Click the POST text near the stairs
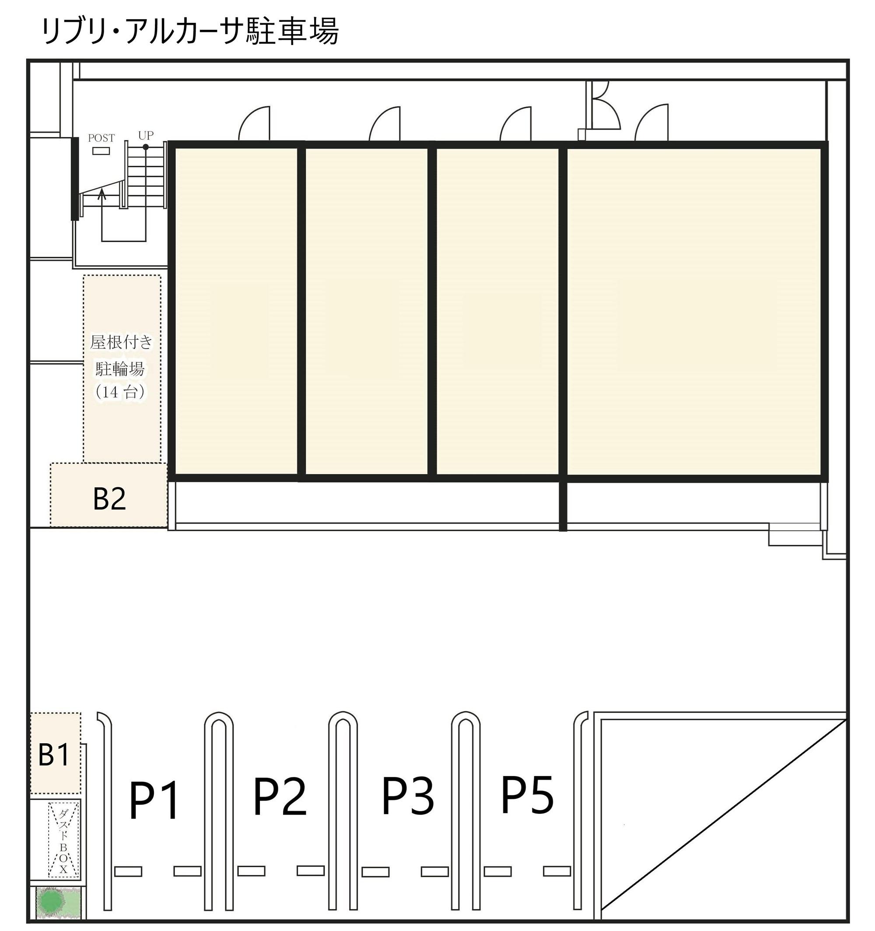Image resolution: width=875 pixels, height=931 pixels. point(101,138)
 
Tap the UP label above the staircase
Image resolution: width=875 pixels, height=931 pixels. point(146,135)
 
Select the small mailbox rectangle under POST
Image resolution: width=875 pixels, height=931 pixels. point(101,151)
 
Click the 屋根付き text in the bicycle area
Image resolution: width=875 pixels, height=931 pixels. point(121,342)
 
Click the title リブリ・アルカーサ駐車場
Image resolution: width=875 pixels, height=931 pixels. point(190,32)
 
